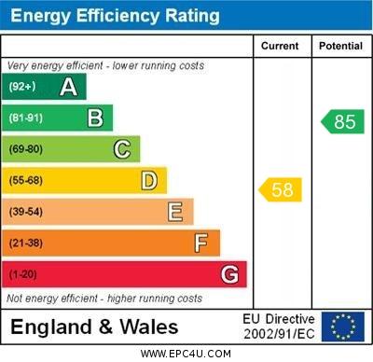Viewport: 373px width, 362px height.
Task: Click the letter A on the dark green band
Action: [68, 87]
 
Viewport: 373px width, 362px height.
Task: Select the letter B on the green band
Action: [95, 118]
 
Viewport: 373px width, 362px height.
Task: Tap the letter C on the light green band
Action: [122, 149]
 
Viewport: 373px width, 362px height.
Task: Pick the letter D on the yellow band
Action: [149, 180]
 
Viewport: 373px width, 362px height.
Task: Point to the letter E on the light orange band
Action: [175, 212]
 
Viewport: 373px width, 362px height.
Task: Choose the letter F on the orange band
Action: [201, 244]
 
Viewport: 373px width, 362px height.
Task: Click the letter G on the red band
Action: [229, 274]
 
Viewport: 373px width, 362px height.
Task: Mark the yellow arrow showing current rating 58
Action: [280, 190]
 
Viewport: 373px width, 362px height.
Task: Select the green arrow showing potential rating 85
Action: [342, 121]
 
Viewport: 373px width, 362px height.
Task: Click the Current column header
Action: [280, 46]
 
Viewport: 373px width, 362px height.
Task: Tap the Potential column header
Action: [340, 46]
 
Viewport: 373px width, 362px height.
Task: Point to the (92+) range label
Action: [22, 87]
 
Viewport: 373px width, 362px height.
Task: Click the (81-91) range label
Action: [26, 118]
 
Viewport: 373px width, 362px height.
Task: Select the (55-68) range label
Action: [26, 180]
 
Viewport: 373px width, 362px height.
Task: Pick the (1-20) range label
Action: [23, 274]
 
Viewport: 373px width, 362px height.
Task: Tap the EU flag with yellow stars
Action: [342, 327]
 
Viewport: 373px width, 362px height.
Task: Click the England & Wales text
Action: [94, 327]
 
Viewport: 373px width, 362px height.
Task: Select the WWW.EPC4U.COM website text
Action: [186, 354]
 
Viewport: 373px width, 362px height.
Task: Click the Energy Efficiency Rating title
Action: [115, 16]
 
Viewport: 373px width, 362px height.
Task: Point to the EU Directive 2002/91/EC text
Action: [279, 327]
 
